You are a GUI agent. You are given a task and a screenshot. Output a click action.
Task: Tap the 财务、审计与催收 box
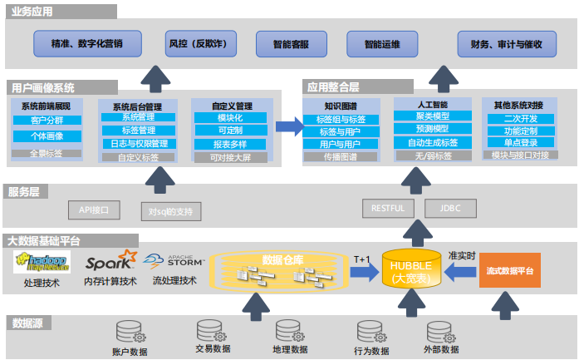[505, 43]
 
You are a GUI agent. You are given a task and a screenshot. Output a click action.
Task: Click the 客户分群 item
[47, 121]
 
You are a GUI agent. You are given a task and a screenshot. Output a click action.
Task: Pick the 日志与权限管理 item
[139, 143]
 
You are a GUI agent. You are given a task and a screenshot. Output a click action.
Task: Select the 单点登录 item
[520, 143]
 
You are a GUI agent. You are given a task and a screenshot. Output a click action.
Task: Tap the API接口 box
[82, 208]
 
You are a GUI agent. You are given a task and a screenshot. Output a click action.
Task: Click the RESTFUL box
[388, 208]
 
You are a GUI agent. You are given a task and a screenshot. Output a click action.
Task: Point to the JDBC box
[449, 208]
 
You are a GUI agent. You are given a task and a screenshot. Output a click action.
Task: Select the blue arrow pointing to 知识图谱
[287, 126]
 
